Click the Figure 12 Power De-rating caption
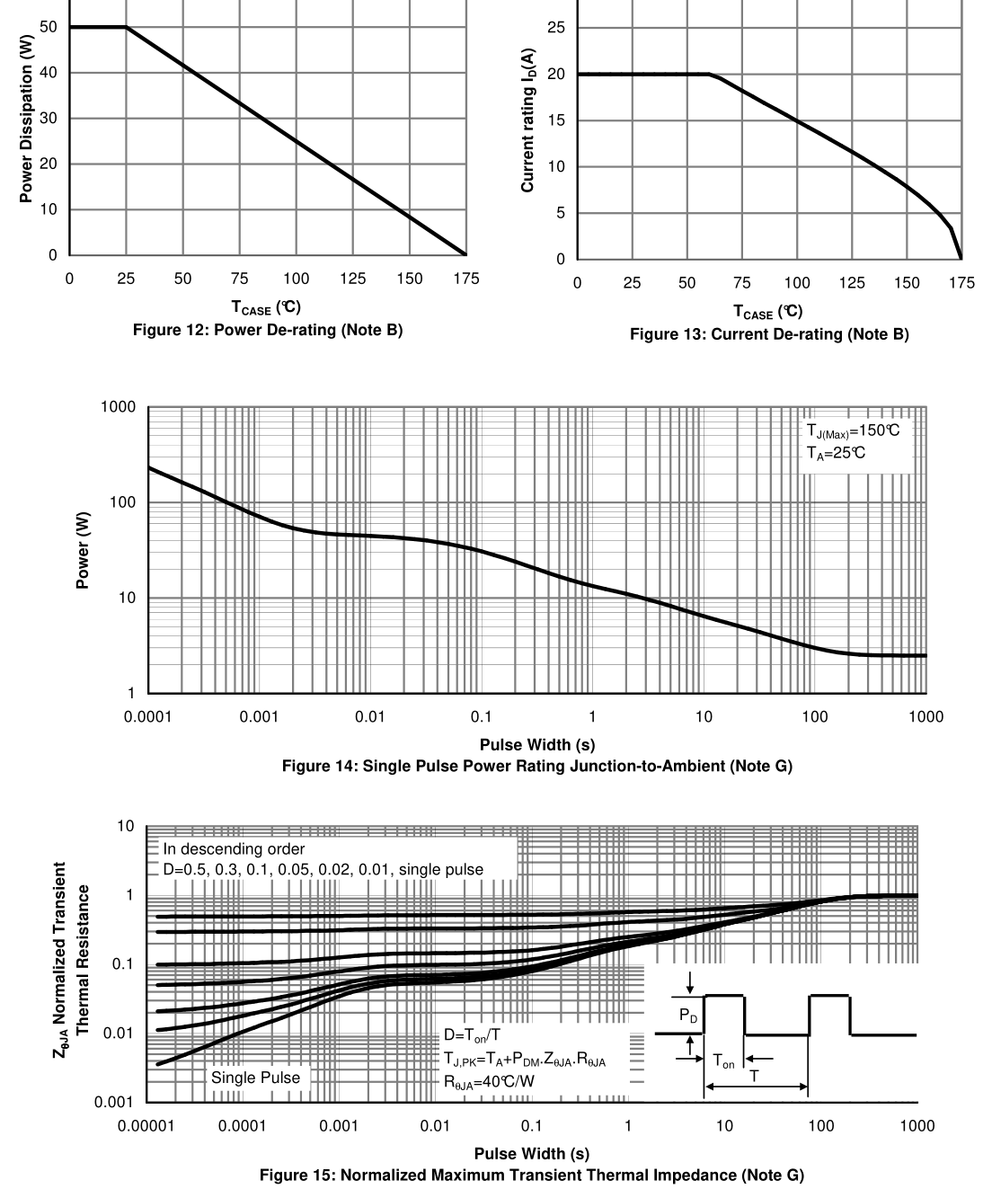pyautogui.click(x=267, y=331)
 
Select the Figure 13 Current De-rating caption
pyautogui.click(x=769, y=335)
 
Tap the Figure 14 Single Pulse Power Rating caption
pyautogui.click(x=536, y=767)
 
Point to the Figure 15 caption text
pyautogui.click(x=531, y=1176)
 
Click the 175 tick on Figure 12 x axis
pyautogui.click(x=465, y=279)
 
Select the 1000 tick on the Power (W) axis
pyautogui.click(x=118, y=407)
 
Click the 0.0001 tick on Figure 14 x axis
pyautogui.click(x=147, y=717)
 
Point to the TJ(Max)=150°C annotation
pyautogui.click(x=853, y=430)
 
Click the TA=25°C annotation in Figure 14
pyautogui.click(x=836, y=453)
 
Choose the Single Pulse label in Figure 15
pyautogui.click(x=255, y=1078)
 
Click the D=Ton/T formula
pyautogui.click(x=474, y=1036)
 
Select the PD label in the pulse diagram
pyautogui.click(x=687, y=1015)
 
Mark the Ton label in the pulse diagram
pyautogui.click(x=723, y=1061)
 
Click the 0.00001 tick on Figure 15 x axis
pyautogui.click(x=143, y=1126)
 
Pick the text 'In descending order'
pyautogui.click(x=234, y=849)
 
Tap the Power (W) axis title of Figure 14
pyautogui.click(x=83, y=555)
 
